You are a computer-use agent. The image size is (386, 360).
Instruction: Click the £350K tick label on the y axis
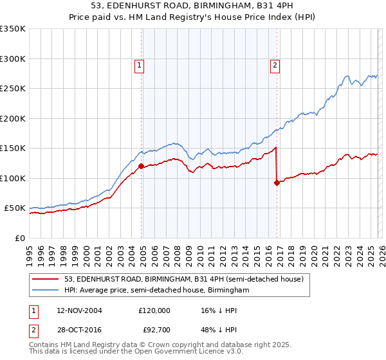coord(13,29)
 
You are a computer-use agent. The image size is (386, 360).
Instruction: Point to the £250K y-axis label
coord(13,89)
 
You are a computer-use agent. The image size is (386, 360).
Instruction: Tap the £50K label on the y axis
coord(15,208)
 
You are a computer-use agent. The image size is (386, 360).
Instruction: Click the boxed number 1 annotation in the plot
coord(139,64)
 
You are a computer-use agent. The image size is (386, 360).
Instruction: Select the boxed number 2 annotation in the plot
coord(275,64)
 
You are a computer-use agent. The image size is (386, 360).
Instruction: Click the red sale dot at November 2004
coord(141,166)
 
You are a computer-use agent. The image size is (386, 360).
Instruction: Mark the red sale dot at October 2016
coord(277,183)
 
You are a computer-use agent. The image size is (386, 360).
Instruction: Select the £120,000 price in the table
coord(154,310)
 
